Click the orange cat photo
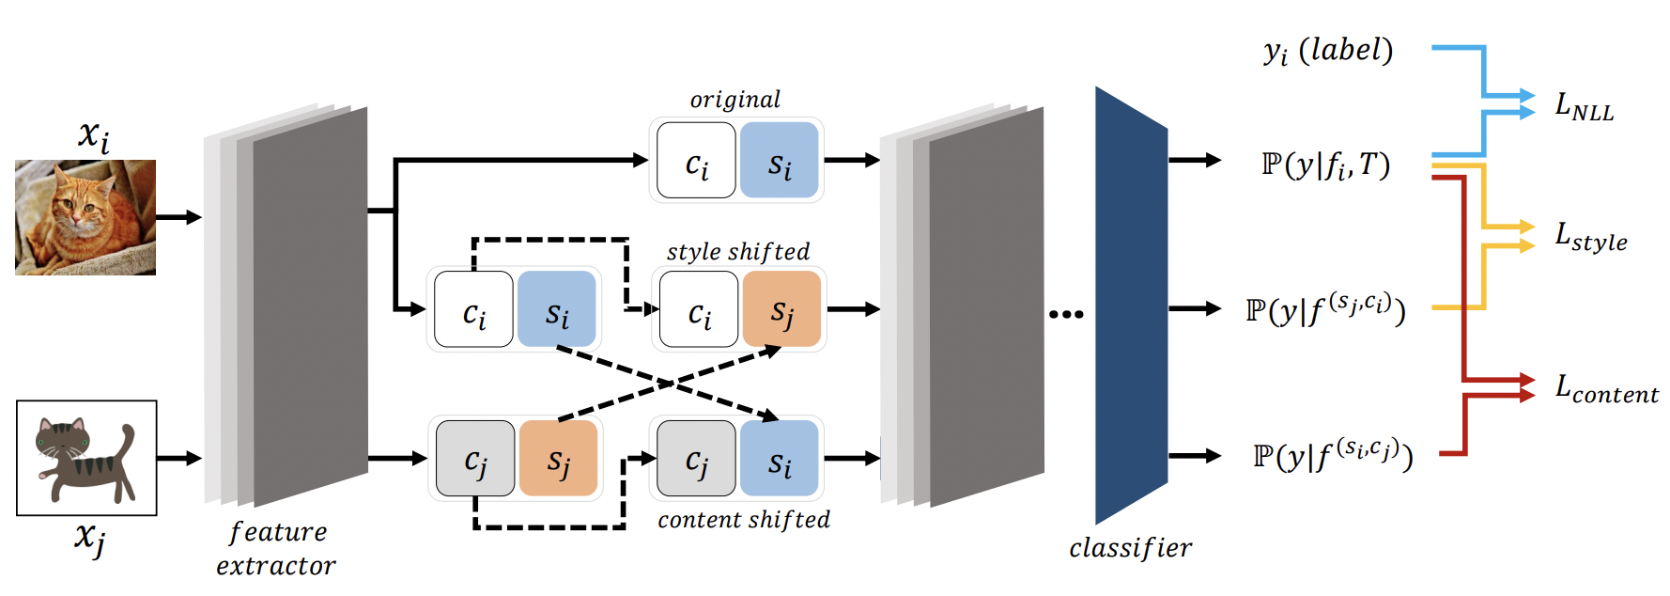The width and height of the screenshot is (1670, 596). (x=85, y=217)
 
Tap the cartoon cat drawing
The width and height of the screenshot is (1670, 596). (x=86, y=458)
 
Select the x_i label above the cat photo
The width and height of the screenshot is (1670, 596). (x=93, y=136)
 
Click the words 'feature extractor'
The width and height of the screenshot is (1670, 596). (x=276, y=549)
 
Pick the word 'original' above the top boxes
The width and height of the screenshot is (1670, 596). (x=734, y=100)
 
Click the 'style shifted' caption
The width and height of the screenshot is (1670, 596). (x=738, y=252)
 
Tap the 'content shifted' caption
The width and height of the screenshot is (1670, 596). (x=744, y=520)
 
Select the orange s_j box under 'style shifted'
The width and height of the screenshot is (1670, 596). (x=781, y=309)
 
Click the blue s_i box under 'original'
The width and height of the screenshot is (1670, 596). (x=780, y=160)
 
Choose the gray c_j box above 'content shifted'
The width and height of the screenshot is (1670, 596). (x=696, y=459)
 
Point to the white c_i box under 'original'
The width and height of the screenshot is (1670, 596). (x=696, y=160)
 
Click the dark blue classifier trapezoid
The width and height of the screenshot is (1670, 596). (x=1131, y=306)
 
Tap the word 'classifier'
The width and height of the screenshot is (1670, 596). (x=1130, y=548)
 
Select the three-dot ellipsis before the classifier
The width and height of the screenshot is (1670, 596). (x=1066, y=314)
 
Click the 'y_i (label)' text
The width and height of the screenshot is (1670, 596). (x=1328, y=51)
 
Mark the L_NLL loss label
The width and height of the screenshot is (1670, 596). (x=1584, y=106)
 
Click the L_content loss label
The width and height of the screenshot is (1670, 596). (x=1606, y=388)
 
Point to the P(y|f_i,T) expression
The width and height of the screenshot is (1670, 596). (x=1325, y=165)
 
